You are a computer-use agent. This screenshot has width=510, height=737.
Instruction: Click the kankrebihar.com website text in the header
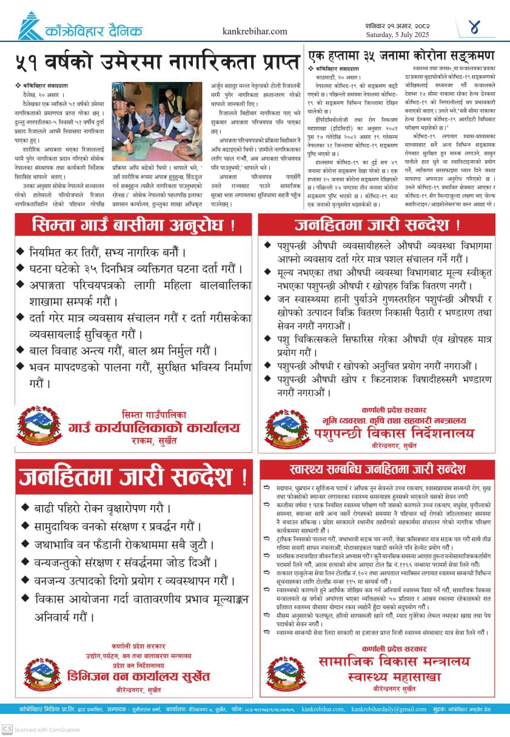click(255, 32)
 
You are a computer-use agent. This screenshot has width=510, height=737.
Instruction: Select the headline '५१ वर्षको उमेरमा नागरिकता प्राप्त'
click(157, 63)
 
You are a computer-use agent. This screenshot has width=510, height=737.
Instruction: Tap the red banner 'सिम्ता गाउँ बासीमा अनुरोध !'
click(134, 226)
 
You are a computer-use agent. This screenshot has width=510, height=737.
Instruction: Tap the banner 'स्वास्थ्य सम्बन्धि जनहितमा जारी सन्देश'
click(377, 469)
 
